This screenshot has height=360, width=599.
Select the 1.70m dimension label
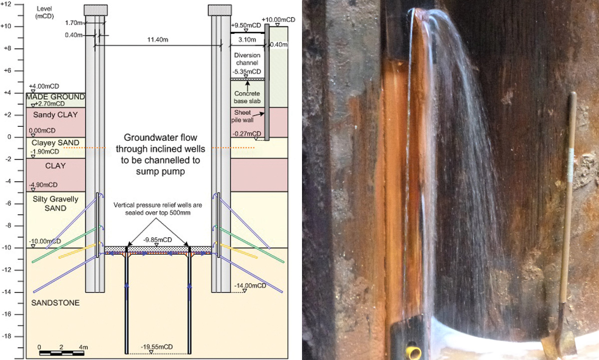pos(74,22)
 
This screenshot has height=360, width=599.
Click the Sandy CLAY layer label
pos(50,114)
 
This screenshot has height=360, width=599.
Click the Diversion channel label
pos(244,59)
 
